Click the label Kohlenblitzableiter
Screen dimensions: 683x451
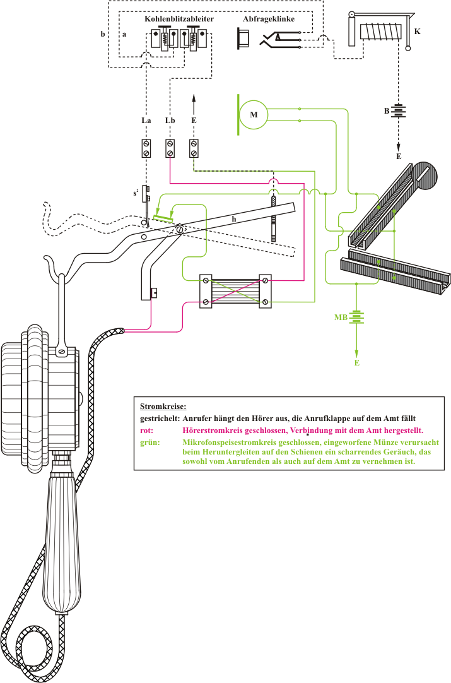tap(179, 19)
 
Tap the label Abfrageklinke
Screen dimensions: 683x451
tap(268, 19)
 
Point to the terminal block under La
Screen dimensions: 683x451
tap(146, 149)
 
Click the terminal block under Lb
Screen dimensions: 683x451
tap(170, 149)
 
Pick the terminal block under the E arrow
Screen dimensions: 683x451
tap(194, 149)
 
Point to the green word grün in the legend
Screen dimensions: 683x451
tap(148, 442)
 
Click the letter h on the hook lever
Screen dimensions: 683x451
tap(233, 218)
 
